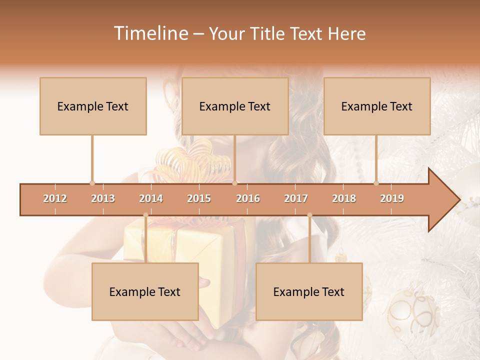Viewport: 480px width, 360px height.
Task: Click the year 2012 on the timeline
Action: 55,198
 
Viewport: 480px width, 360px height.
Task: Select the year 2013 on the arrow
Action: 103,198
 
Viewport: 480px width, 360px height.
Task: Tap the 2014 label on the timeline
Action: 151,198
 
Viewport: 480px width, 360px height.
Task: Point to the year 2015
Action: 199,198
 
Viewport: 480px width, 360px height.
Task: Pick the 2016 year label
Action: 248,198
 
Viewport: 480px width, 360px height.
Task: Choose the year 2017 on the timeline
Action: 296,198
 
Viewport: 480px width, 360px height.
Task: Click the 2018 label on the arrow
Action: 344,198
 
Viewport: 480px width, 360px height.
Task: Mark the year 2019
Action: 392,198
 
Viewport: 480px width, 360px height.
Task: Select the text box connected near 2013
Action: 93,106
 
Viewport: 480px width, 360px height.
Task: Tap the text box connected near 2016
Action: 235,106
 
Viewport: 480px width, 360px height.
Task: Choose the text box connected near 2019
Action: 377,106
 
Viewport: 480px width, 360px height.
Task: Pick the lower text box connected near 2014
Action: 145,291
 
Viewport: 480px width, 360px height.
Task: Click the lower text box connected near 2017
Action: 309,291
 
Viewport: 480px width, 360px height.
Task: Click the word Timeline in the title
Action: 150,33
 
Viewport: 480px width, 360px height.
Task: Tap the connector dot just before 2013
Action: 92,183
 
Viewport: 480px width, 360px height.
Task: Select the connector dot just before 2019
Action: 376,183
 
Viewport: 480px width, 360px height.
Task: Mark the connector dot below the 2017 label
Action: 309,215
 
